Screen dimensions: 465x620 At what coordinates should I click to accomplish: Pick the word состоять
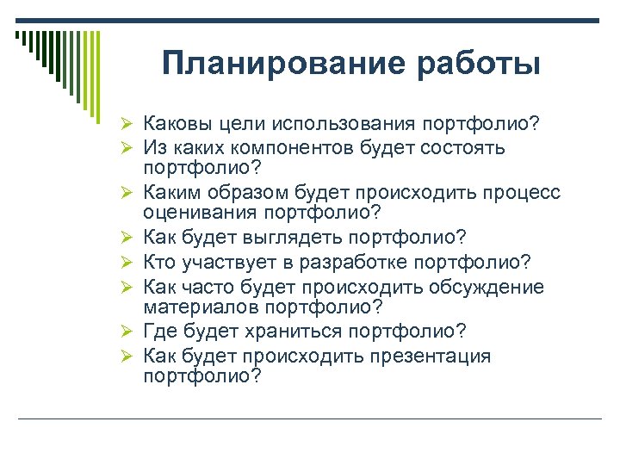click(462, 148)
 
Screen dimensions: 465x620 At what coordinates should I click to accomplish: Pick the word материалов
click(195, 307)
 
